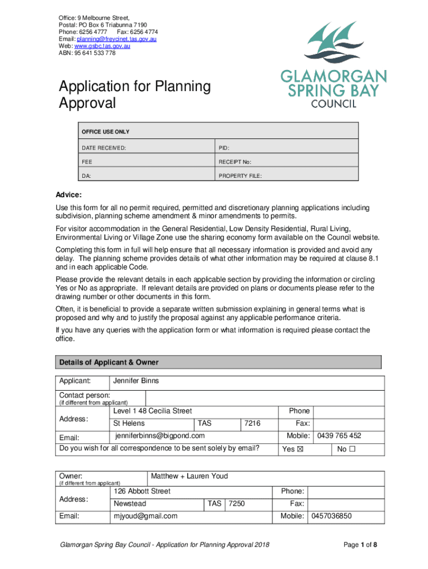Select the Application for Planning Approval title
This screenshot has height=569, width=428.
pos(135,94)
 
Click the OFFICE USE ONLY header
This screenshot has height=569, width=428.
pos(106,132)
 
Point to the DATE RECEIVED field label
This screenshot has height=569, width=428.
pos(104,148)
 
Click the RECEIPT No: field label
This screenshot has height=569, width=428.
pos(235,162)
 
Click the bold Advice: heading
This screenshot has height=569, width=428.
pos(68,195)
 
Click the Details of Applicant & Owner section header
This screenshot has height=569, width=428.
pos(108,362)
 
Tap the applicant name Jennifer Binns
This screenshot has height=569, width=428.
pos(136,381)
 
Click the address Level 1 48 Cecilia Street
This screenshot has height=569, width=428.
pos(152,411)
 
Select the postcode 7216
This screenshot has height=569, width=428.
pos(252,423)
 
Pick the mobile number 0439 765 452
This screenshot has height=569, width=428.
pos(339,436)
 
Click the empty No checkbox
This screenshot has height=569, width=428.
pos(352,449)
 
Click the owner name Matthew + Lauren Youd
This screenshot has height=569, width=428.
pos(189,476)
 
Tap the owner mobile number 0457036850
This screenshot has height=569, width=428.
pos(331,516)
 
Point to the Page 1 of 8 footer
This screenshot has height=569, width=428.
pos(361,545)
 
